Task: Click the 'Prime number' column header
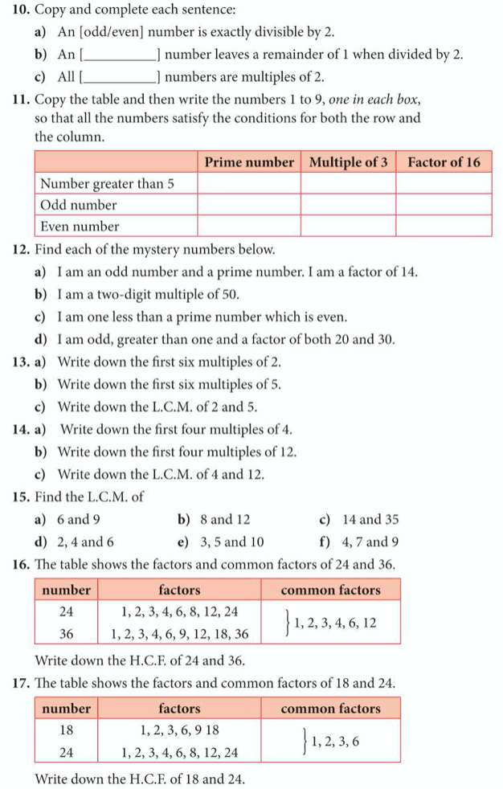pyautogui.click(x=249, y=162)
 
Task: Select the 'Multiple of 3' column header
pyautogui.click(x=348, y=162)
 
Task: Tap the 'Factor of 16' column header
pyautogui.click(x=444, y=162)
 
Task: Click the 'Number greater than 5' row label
pyautogui.click(x=107, y=184)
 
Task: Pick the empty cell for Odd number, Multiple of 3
pyautogui.click(x=348, y=205)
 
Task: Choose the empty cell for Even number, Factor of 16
pyautogui.click(x=444, y=227)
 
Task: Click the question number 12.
pyautogui.click(x=22, y=250)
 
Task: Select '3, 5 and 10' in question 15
pyautogui.click(x=231, y=542)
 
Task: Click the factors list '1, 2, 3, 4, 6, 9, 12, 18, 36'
pyautogui.click(x=179, y=634)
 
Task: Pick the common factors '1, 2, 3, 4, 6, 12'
pyautogui.click(x=335, y=623)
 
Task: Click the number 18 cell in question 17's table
pyautogui.click(x=67, y=730)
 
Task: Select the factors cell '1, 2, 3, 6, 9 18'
pyautogui.click(x=179, y=730)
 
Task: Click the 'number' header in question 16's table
pyautogui.click(x=67, y=590)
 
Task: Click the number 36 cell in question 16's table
pyautogui.click(x=67, y=634)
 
